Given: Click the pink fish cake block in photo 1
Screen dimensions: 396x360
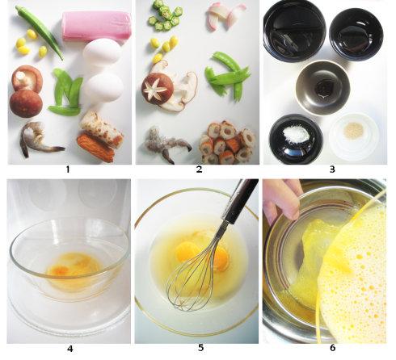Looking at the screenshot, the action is coord(96,26).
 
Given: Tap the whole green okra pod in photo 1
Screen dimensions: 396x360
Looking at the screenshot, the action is coord(40,32).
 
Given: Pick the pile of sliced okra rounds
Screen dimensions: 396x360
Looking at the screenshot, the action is coord(165,16).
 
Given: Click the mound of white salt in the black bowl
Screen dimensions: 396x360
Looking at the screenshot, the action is coord(297,134).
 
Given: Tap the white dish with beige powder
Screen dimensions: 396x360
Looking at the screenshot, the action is coord(355,136).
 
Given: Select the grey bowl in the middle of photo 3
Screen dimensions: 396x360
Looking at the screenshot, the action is coord(322,88).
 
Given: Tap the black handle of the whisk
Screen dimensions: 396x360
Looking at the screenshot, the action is coord(240,199).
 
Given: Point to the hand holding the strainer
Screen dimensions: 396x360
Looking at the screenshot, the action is coord(283,200).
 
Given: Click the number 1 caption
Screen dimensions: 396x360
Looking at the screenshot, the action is coord(68,170).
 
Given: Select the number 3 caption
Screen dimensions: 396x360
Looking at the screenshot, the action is coord(332,170).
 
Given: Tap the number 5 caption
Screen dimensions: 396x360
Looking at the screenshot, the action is coord(200,348).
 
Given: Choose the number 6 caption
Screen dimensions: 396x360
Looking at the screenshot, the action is coord(332,348).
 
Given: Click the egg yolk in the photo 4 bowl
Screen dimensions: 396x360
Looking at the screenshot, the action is coord(60,270).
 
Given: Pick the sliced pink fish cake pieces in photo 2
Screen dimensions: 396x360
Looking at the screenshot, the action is coord(225,17).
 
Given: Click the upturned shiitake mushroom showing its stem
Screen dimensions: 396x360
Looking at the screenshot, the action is coord(27,78).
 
